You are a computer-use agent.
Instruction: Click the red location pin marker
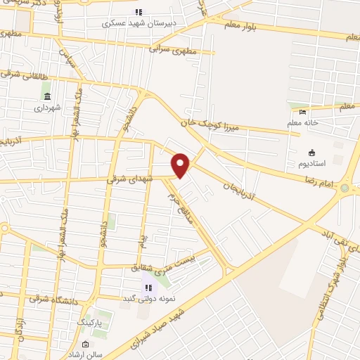point(181,165)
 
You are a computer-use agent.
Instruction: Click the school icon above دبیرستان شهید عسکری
point(139,12)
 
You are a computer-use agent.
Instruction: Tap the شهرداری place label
point(47,108)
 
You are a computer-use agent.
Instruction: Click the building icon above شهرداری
point(47,96)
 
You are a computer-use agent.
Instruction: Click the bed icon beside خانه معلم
point(303,111)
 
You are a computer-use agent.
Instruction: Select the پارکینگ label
point(89,323)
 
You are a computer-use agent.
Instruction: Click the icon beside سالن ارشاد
point(85,345)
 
